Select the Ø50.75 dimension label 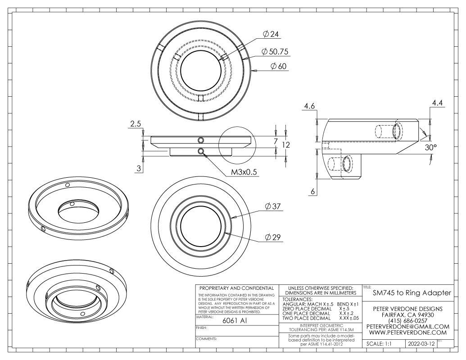click(x=276, y=52)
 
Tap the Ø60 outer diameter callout click(x=279, y=66)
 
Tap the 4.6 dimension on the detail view click(x=309, y=106)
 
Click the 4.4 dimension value click(x=437, y=103)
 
